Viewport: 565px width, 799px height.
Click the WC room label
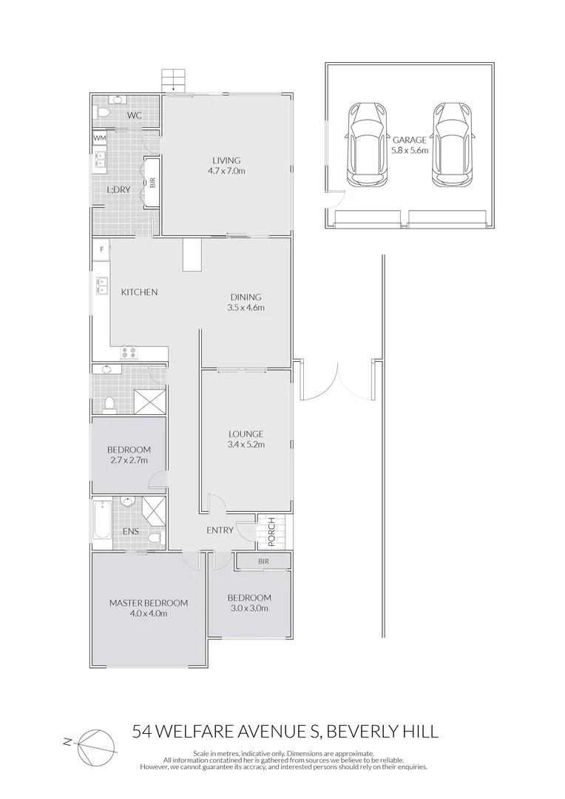pyautogui.click(x=134, y=115)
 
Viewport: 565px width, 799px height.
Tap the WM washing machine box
pyautogui.click(x=99, y=138)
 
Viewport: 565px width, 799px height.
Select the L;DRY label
pyautogui.click(x=118, y=190)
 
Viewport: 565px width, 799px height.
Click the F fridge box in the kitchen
pyautogui.click(x=101, y=249)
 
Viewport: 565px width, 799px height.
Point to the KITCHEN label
pyautogui.click(x=139, y=292)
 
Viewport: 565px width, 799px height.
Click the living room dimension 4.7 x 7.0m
pyautogui.click(x=227, y=171)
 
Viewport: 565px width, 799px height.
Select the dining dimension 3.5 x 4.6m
pyautogui.click(x=246, y=307)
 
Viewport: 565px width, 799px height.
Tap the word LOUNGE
pyautogui.click(x=246, y=434)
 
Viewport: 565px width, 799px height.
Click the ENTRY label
pyautogui.click(x=220, y=530)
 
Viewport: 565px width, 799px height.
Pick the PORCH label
pyautogui.click(x=271, y=532)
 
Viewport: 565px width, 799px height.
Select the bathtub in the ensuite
pyautogui.click(x=101, y=522)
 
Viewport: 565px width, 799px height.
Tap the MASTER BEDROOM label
pyautogui.click(x=148, y=603)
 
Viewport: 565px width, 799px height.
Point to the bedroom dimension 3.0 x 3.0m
pyautogui.click(x=248, y=608)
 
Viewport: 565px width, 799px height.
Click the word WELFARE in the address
pyautogui.click(x=209, y=732)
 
